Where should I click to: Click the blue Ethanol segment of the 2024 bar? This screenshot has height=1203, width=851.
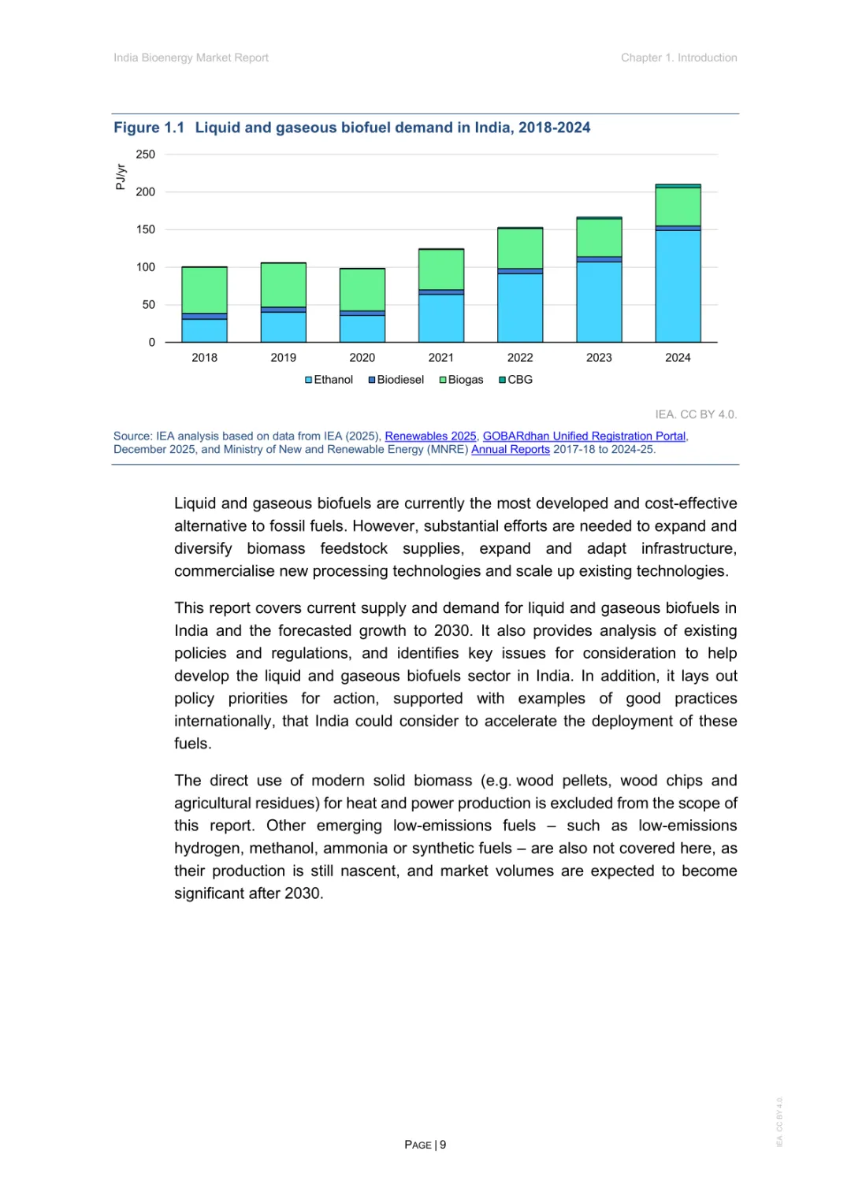tap(678, 286)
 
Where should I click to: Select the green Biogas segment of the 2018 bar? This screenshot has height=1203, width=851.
tap(204, 290)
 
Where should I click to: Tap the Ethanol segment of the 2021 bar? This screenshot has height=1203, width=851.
tap(441, 318)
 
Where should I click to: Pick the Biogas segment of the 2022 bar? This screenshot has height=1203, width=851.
tap(520, 248)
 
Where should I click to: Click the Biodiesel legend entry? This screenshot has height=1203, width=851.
tap(396, 380)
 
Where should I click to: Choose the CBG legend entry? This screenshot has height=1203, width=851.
tap(516, 380)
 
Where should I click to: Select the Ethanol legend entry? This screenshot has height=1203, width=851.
tap(329, 380)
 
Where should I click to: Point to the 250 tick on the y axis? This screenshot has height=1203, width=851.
tap(146, 154)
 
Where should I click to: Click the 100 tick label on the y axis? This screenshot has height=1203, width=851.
tap(146, 267)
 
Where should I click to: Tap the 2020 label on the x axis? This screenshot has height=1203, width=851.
tap(362, 358)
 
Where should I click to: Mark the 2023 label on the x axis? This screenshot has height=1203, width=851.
tap(599, 358)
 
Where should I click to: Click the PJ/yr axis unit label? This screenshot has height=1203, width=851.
tap(121, 177)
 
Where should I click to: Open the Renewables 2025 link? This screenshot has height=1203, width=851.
tap(430, 436)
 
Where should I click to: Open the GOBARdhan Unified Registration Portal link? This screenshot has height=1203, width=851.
tap(584, 436)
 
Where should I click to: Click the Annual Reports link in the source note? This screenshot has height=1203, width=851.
tap(511, 450)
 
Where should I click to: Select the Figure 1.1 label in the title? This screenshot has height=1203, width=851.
tap(149, 128)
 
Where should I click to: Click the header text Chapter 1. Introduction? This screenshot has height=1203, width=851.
tap(678, 58)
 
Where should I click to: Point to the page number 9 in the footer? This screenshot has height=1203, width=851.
tap(443, 1145)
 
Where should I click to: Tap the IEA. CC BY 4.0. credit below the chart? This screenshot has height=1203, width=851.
tap(696, 414)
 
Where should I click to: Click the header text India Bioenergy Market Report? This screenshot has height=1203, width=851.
tap(191, 58)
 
